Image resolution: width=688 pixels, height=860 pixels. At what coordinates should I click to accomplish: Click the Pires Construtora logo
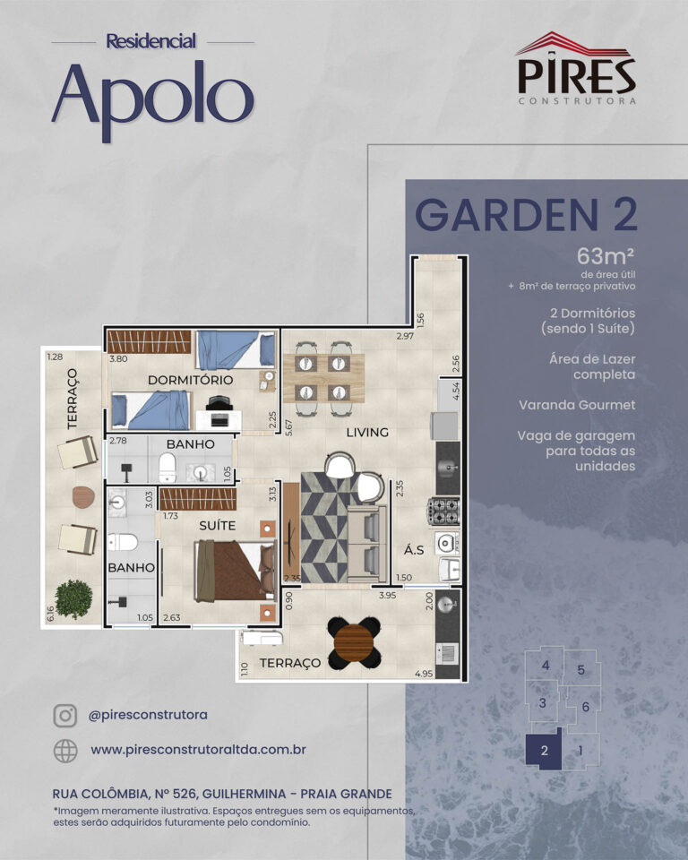coord(577,68)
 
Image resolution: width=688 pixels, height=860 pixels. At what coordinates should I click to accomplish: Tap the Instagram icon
coord(64,716)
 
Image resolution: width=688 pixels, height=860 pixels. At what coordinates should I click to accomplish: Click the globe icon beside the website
coord(65,751)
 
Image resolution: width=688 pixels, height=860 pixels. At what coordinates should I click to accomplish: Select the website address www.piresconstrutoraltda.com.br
coord(198,750)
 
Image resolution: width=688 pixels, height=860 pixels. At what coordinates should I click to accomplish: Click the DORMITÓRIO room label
coord(191,380)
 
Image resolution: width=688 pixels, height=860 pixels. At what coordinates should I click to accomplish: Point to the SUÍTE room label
coord(218,526)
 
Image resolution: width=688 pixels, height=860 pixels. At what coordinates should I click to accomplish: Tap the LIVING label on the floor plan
coord(367,432)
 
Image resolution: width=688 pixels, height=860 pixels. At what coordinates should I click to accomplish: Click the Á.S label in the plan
coord(414,549)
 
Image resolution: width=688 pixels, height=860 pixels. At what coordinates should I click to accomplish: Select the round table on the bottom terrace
coord(354,643)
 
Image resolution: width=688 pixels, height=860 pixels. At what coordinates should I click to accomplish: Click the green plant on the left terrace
coord(73,599)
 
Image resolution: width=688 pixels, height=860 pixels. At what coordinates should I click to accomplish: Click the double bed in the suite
coord(236,571)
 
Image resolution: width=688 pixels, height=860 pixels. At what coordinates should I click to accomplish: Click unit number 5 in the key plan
coord(581,670)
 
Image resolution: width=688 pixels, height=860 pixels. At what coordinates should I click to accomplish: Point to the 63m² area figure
coord(606,256)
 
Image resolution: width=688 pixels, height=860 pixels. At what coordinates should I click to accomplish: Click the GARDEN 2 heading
coord(526,214)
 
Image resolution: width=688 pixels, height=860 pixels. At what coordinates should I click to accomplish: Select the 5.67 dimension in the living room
coord(288,428)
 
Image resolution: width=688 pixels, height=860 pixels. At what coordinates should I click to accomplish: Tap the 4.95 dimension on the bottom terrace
coord(424,674)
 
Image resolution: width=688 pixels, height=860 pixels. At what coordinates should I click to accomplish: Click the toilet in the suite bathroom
coord(123,543)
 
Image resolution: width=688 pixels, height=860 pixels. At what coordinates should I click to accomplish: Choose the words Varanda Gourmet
coord(577,405)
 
